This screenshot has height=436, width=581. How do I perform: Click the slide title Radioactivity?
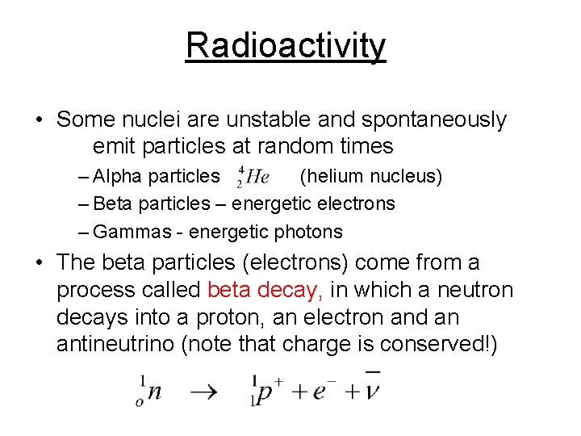[x=286, y=46]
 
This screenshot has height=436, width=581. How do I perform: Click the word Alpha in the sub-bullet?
[x=117, y=175]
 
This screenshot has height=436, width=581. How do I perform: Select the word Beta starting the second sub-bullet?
[x=114, y=203]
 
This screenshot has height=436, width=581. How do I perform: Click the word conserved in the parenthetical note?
[x=437, y=345]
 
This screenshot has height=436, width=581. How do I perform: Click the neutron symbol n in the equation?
[x=153, y=392]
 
